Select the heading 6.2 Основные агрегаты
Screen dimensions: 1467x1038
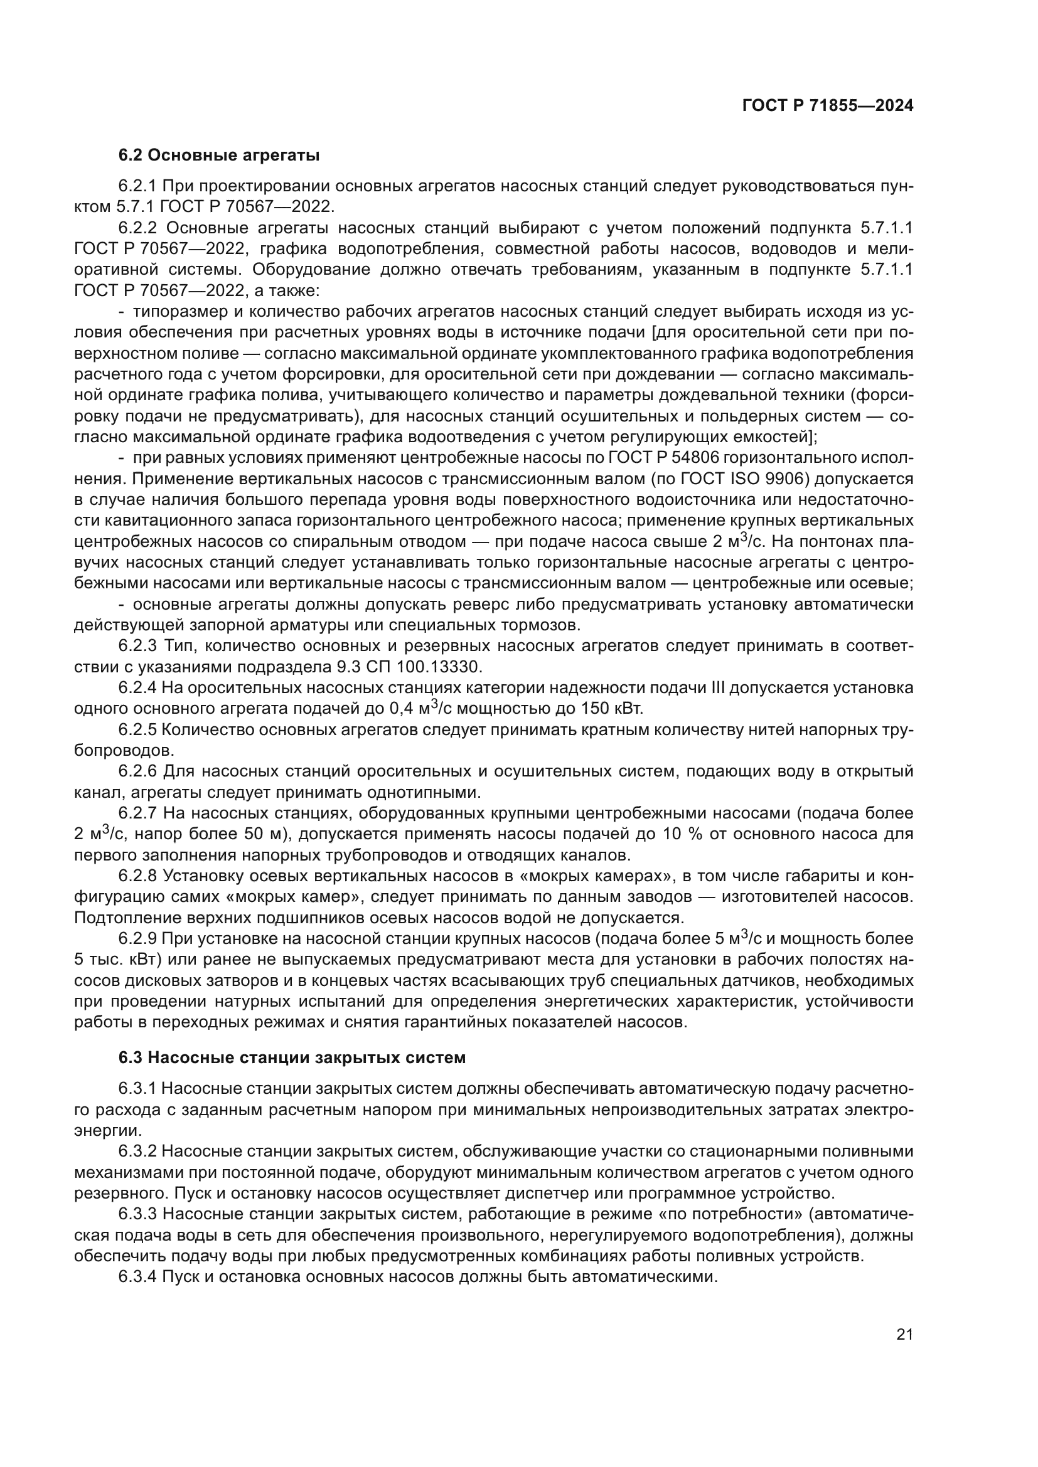pos(219,156)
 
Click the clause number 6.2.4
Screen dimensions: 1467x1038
pos(137,687)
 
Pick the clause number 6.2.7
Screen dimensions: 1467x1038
pos(137,813)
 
